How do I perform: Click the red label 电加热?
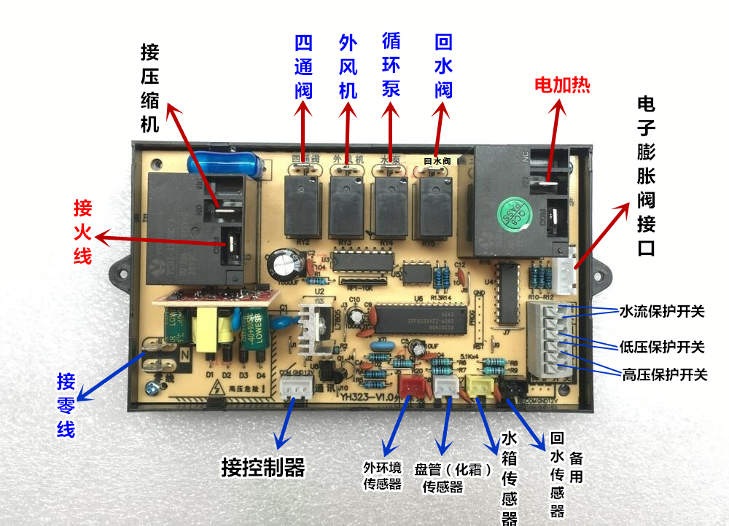[561, 85]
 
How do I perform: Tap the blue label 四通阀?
[304, 67]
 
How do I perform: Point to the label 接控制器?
[262, 467]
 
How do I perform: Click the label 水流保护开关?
[663, 311]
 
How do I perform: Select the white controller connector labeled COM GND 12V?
[294, 389]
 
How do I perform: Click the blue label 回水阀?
[443, 66]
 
